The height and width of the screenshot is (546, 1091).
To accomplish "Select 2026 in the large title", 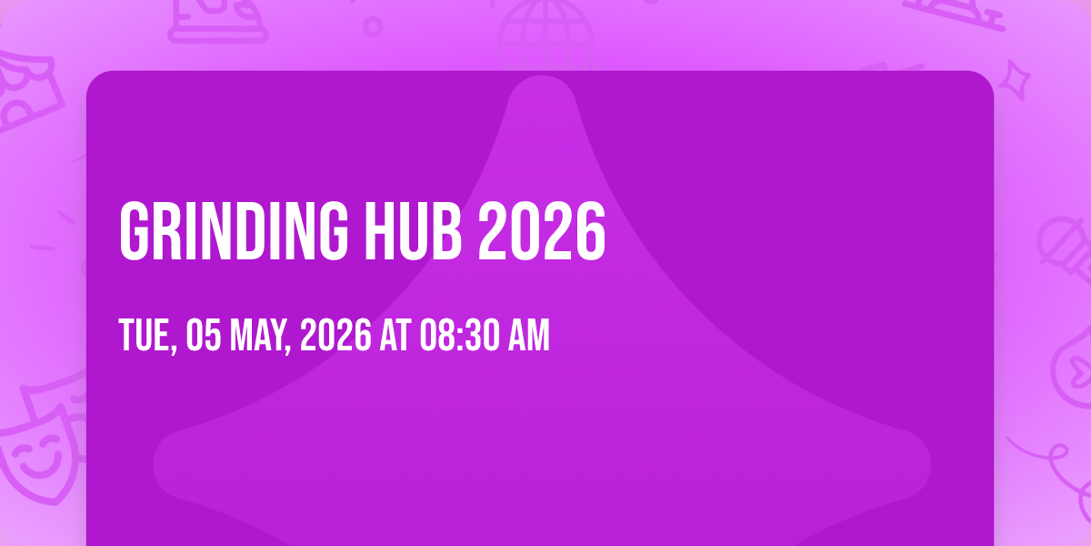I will click(x=542, y=230).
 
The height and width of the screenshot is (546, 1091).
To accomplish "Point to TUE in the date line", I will click(x=145, y=336).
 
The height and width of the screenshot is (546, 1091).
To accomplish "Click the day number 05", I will click(x=202, y=336).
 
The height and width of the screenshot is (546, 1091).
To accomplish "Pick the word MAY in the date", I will click(x=258, y=336).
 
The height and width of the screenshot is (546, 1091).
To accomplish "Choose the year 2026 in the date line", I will click(x=335, y=336).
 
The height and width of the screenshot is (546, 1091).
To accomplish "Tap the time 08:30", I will click(x=457, y=336).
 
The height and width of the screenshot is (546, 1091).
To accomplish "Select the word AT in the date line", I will click(x=395, y=336).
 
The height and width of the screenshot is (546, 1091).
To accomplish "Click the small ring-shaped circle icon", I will click(x=373, y=25).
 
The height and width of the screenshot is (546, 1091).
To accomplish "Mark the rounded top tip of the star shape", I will click(x=542, y=91).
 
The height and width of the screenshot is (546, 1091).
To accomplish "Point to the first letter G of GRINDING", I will click(x=134, y=230).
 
